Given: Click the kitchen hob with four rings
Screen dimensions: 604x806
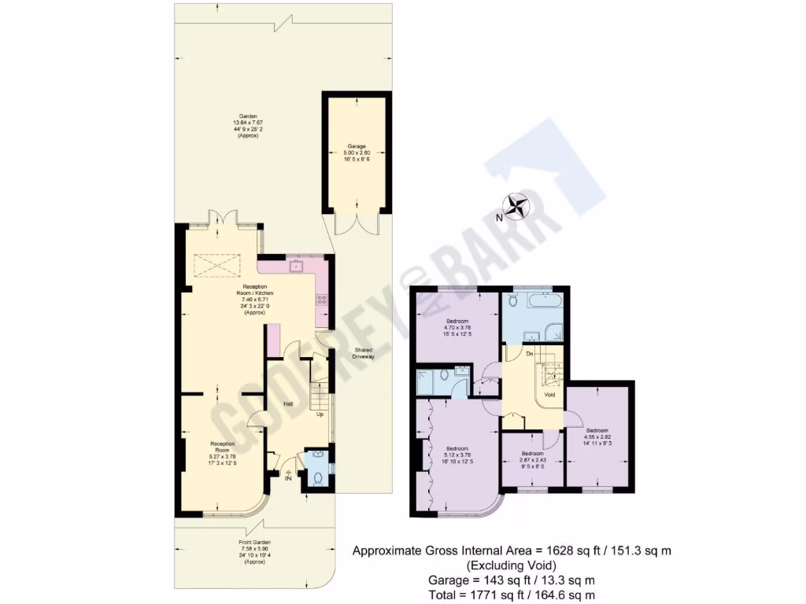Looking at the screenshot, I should point(322,299).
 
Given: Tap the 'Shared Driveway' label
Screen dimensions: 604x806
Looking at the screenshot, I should point(363,354).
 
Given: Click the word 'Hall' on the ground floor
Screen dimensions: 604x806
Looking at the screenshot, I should point(289,404).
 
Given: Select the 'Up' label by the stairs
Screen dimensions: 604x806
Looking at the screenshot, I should point(320,414).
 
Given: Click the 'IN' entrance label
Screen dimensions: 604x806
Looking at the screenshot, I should point(288,477).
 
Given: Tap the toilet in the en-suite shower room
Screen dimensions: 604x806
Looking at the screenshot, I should point(448,376).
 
